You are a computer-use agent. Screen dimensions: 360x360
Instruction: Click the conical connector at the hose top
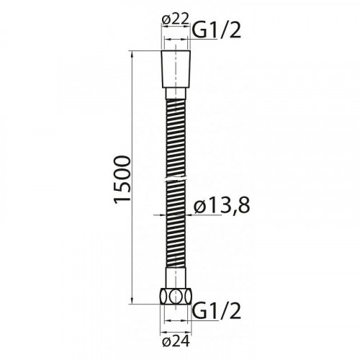pos(176,69)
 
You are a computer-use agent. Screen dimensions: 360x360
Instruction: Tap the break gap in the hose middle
pos(176,178)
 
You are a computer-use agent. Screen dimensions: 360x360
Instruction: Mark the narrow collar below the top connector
pos(176,93)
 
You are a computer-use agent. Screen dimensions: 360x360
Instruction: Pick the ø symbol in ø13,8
pos(201,207)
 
